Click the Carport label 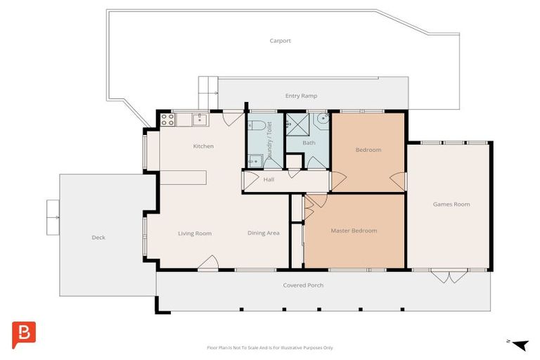point(280,41)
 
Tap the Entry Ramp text point(301,96)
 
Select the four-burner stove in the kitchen point(167,120)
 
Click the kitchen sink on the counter point(200,120)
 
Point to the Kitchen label point(203,146)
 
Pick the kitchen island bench point(184,176)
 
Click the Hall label point(269,179)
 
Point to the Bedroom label point(368,150)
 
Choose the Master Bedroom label point(354,231)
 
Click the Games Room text point(451,205)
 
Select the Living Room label point(195,233)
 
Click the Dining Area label point(264,233)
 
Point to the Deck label point(98,238)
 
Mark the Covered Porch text point(303,285)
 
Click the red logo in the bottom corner point(24,335)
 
